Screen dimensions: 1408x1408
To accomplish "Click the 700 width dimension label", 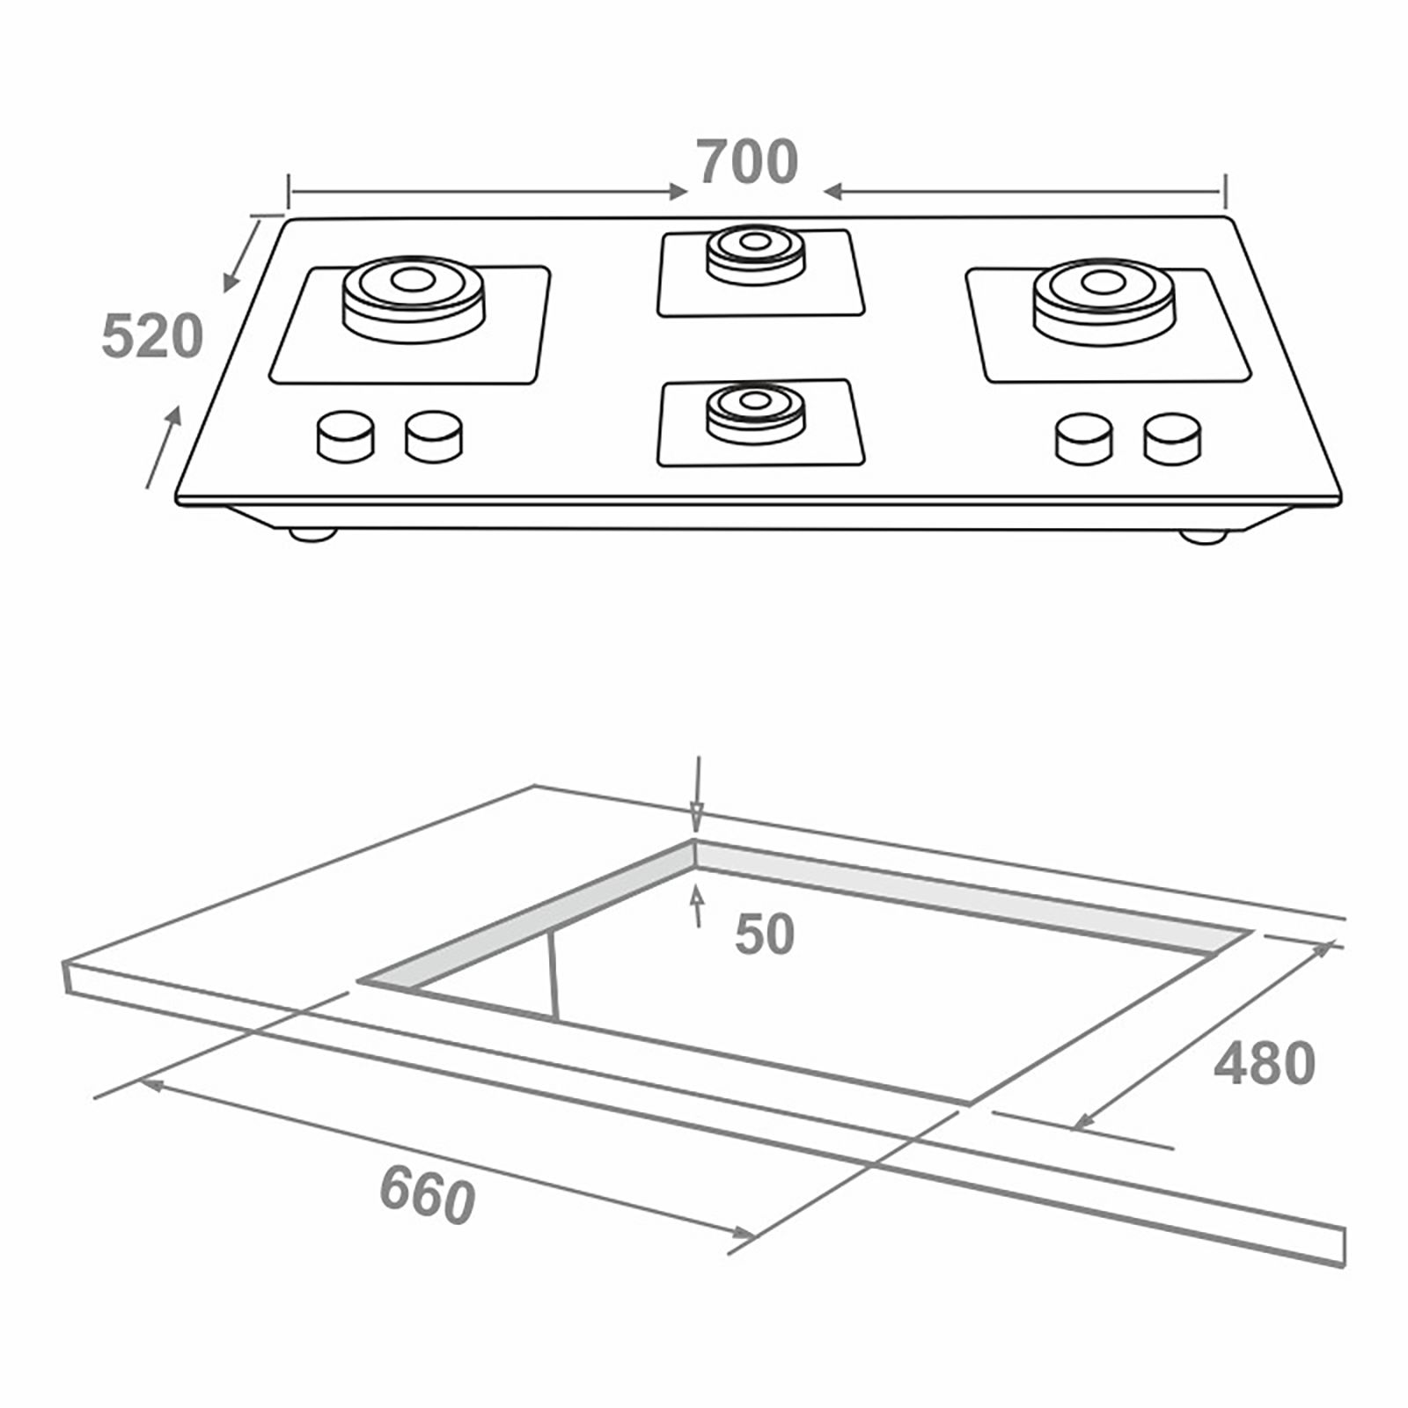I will click(748, 163).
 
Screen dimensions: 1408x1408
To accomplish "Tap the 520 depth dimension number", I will click(152, 336).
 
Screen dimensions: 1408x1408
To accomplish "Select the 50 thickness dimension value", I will click(765, 935).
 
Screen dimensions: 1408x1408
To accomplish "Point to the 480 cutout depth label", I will click(1264, 1064).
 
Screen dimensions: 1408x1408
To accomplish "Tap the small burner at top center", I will click(756, 251).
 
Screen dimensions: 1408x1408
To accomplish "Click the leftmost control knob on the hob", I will click(345, 436).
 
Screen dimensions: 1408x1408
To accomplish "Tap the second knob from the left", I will click(434, 436).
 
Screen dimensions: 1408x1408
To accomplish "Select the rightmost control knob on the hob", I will click(1172, 437).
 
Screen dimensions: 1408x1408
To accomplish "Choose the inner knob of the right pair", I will click(1083, 437).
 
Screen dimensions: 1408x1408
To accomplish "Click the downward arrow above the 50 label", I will click(696, 814).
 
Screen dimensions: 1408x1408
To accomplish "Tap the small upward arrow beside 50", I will click(699, 898).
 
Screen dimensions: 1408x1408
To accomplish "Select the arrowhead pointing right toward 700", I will click(676, 191).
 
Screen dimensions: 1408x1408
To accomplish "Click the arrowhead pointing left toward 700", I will click(834, 191).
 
